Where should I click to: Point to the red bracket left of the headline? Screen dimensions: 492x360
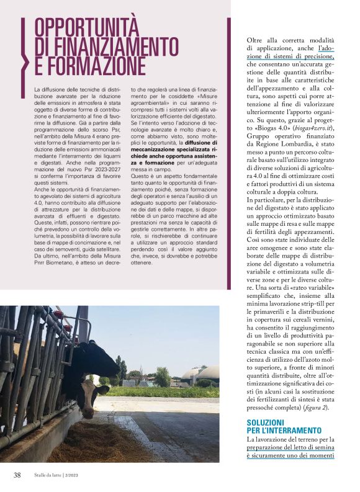coord(25,47)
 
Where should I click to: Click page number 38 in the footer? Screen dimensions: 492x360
coord(17,475)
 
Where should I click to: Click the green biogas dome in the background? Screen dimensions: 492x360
coord(207,372)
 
